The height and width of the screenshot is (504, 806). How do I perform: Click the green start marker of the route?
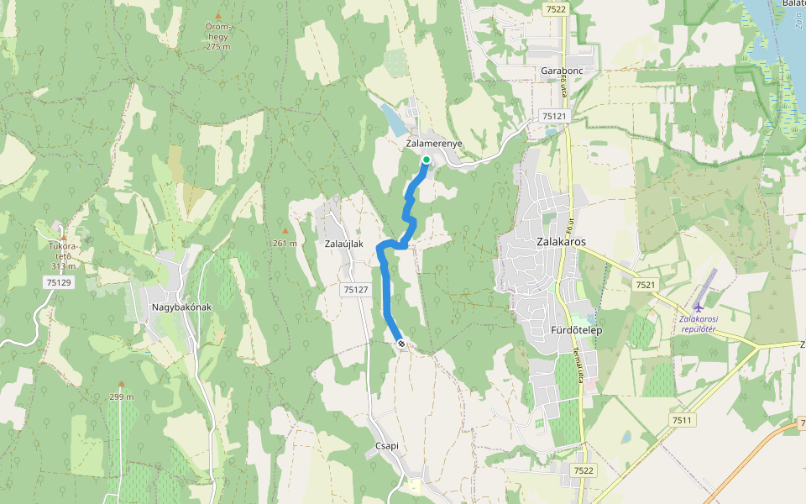point(426,160)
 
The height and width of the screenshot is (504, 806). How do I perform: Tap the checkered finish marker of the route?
point(401,343)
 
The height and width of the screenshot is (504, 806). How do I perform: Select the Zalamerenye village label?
point(433,144)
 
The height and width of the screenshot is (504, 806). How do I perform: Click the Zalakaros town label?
point(560,242)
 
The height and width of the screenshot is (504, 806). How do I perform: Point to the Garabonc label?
point(562,71)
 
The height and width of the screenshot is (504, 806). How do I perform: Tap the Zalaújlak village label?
point(343,244)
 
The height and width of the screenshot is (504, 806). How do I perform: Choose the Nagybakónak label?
point(181,307)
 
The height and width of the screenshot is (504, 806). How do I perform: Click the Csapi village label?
point(382,447)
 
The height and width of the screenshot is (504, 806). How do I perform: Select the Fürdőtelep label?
point(577,330)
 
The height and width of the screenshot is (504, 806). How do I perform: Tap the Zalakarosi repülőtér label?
point(703,323)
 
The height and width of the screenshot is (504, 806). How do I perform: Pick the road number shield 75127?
point(356,289)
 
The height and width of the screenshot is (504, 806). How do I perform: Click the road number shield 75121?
point(554,116)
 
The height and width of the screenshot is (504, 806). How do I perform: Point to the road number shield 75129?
point(59,283)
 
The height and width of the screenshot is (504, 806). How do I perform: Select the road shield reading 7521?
point(645,286)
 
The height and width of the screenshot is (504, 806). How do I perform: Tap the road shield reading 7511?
point(681,419)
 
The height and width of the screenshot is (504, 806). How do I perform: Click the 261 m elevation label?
point(285,244)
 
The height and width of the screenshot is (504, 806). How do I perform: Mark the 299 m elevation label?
point(121,396)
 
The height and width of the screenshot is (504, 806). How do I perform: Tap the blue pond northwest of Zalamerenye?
point(391,121)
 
